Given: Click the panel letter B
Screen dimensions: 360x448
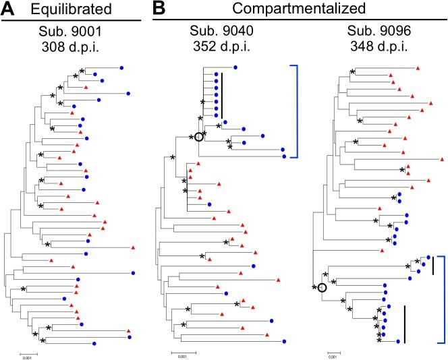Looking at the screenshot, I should pyautogui.click(x=161, y=9).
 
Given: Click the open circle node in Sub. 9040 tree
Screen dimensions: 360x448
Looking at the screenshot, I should pyautogui.click(x=198, y=138).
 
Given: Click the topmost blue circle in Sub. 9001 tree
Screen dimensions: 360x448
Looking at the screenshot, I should pyautogui.click(x=122, y=67).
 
